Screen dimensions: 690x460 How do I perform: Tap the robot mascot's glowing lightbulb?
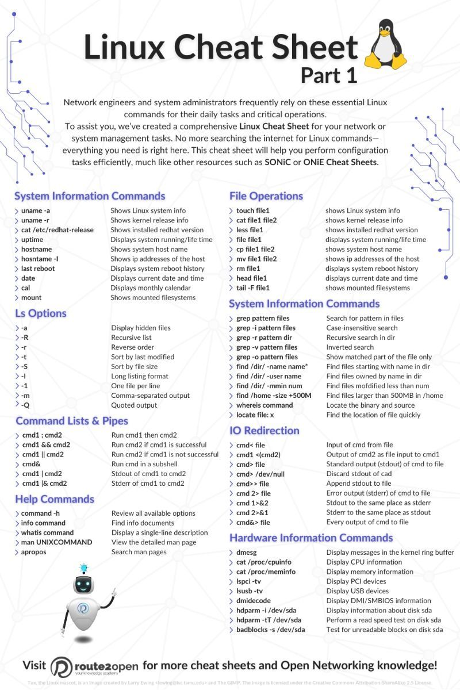point(84,569)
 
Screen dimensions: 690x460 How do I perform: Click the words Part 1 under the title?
point(329,75)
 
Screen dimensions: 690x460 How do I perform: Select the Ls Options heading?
point(41,313)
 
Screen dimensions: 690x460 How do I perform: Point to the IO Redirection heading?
point(264,430)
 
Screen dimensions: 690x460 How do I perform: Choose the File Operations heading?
point(266,196)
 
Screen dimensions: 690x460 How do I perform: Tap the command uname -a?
point(36,210)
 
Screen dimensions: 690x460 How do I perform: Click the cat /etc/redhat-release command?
point(57,230)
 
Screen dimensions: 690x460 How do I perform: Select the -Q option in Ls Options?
point(25,405)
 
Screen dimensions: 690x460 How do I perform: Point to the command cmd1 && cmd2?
point(46,444)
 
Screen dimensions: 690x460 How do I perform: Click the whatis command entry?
point(47,532)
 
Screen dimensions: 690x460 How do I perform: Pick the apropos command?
point(34,552)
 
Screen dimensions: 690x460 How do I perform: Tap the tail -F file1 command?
point(253,287)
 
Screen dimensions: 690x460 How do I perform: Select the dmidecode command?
point(254,600)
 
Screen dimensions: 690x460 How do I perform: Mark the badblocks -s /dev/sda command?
point(271,630)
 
